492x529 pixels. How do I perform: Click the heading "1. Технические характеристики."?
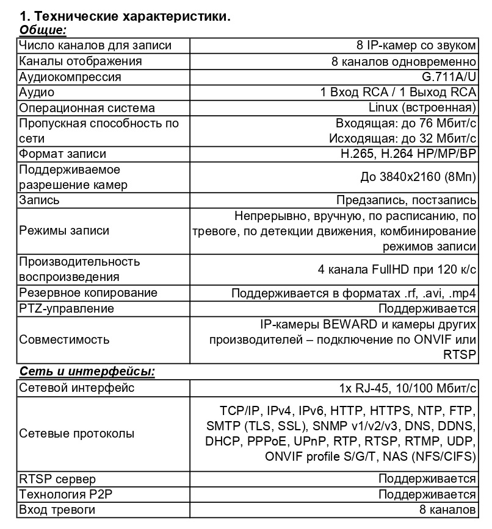(x=125, y=16)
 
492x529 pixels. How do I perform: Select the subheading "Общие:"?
(x=43, y=30)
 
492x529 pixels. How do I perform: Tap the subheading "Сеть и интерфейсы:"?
(x=87, y=372)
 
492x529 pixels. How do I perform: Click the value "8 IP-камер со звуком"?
(x=416, y=46)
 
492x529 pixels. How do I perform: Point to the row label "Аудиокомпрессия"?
(x=70, y=77)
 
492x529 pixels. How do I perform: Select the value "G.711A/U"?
(x=449, y=77)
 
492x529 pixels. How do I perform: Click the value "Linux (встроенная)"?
(x=422, y=108)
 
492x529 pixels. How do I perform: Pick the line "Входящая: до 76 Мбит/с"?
(x=406, y=124)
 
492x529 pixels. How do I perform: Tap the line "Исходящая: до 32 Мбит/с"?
(x=402, y=139)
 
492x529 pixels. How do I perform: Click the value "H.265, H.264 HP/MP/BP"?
(x=408, y=154)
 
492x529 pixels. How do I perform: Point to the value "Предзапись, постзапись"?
(x=406, y=201)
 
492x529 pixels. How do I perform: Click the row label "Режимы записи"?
(x=65, y=231)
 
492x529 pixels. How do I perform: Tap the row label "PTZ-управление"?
(x=67, y=308)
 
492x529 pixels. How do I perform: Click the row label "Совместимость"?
(x=65, y=339)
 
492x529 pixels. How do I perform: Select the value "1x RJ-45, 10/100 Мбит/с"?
(x=408, y=388)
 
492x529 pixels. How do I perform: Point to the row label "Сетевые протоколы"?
(x=77, y=434)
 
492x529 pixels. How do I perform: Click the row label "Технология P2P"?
(x=66, y=494)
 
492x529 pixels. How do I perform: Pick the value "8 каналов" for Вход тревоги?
(x=447, y=509)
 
